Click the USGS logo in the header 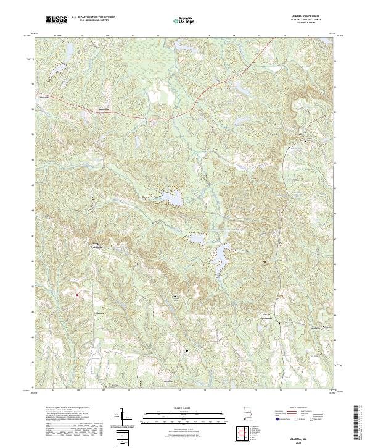pos(56,20)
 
